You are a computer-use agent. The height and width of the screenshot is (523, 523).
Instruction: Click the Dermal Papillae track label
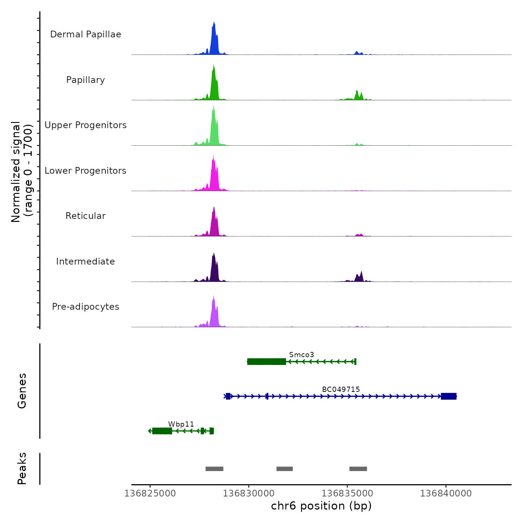tap(86, 34)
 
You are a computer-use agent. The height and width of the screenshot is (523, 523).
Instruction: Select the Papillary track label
tap(86, 80)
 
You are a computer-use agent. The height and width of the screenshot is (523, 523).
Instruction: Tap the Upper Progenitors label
tap(86, 125)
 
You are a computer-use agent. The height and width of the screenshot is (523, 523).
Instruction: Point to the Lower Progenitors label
tap(86, 171)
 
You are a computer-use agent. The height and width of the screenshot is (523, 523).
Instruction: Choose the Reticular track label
tap(86, 216)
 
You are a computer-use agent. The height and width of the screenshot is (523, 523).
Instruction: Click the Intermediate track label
tap(86, 261)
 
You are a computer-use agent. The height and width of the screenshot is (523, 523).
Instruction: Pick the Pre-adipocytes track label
tap(86, 307)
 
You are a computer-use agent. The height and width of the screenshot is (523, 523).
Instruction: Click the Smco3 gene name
tap(301, 355)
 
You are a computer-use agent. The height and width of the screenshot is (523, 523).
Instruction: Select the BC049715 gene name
tap(341, 389)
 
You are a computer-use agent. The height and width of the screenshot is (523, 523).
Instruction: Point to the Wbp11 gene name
tap(181, 424)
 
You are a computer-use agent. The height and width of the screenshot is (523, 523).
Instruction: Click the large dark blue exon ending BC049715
tap(449, 396)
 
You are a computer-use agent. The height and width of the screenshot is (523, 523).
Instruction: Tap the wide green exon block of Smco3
tap(267, 362)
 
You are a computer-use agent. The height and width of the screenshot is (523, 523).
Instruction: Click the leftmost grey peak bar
tap(214, 469)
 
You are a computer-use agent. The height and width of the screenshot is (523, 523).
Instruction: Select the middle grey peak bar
tap(285, 469)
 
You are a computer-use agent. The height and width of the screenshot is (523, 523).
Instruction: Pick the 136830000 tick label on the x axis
tap(248, 493)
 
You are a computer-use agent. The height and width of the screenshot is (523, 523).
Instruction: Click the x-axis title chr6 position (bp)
tap(321, 506)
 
